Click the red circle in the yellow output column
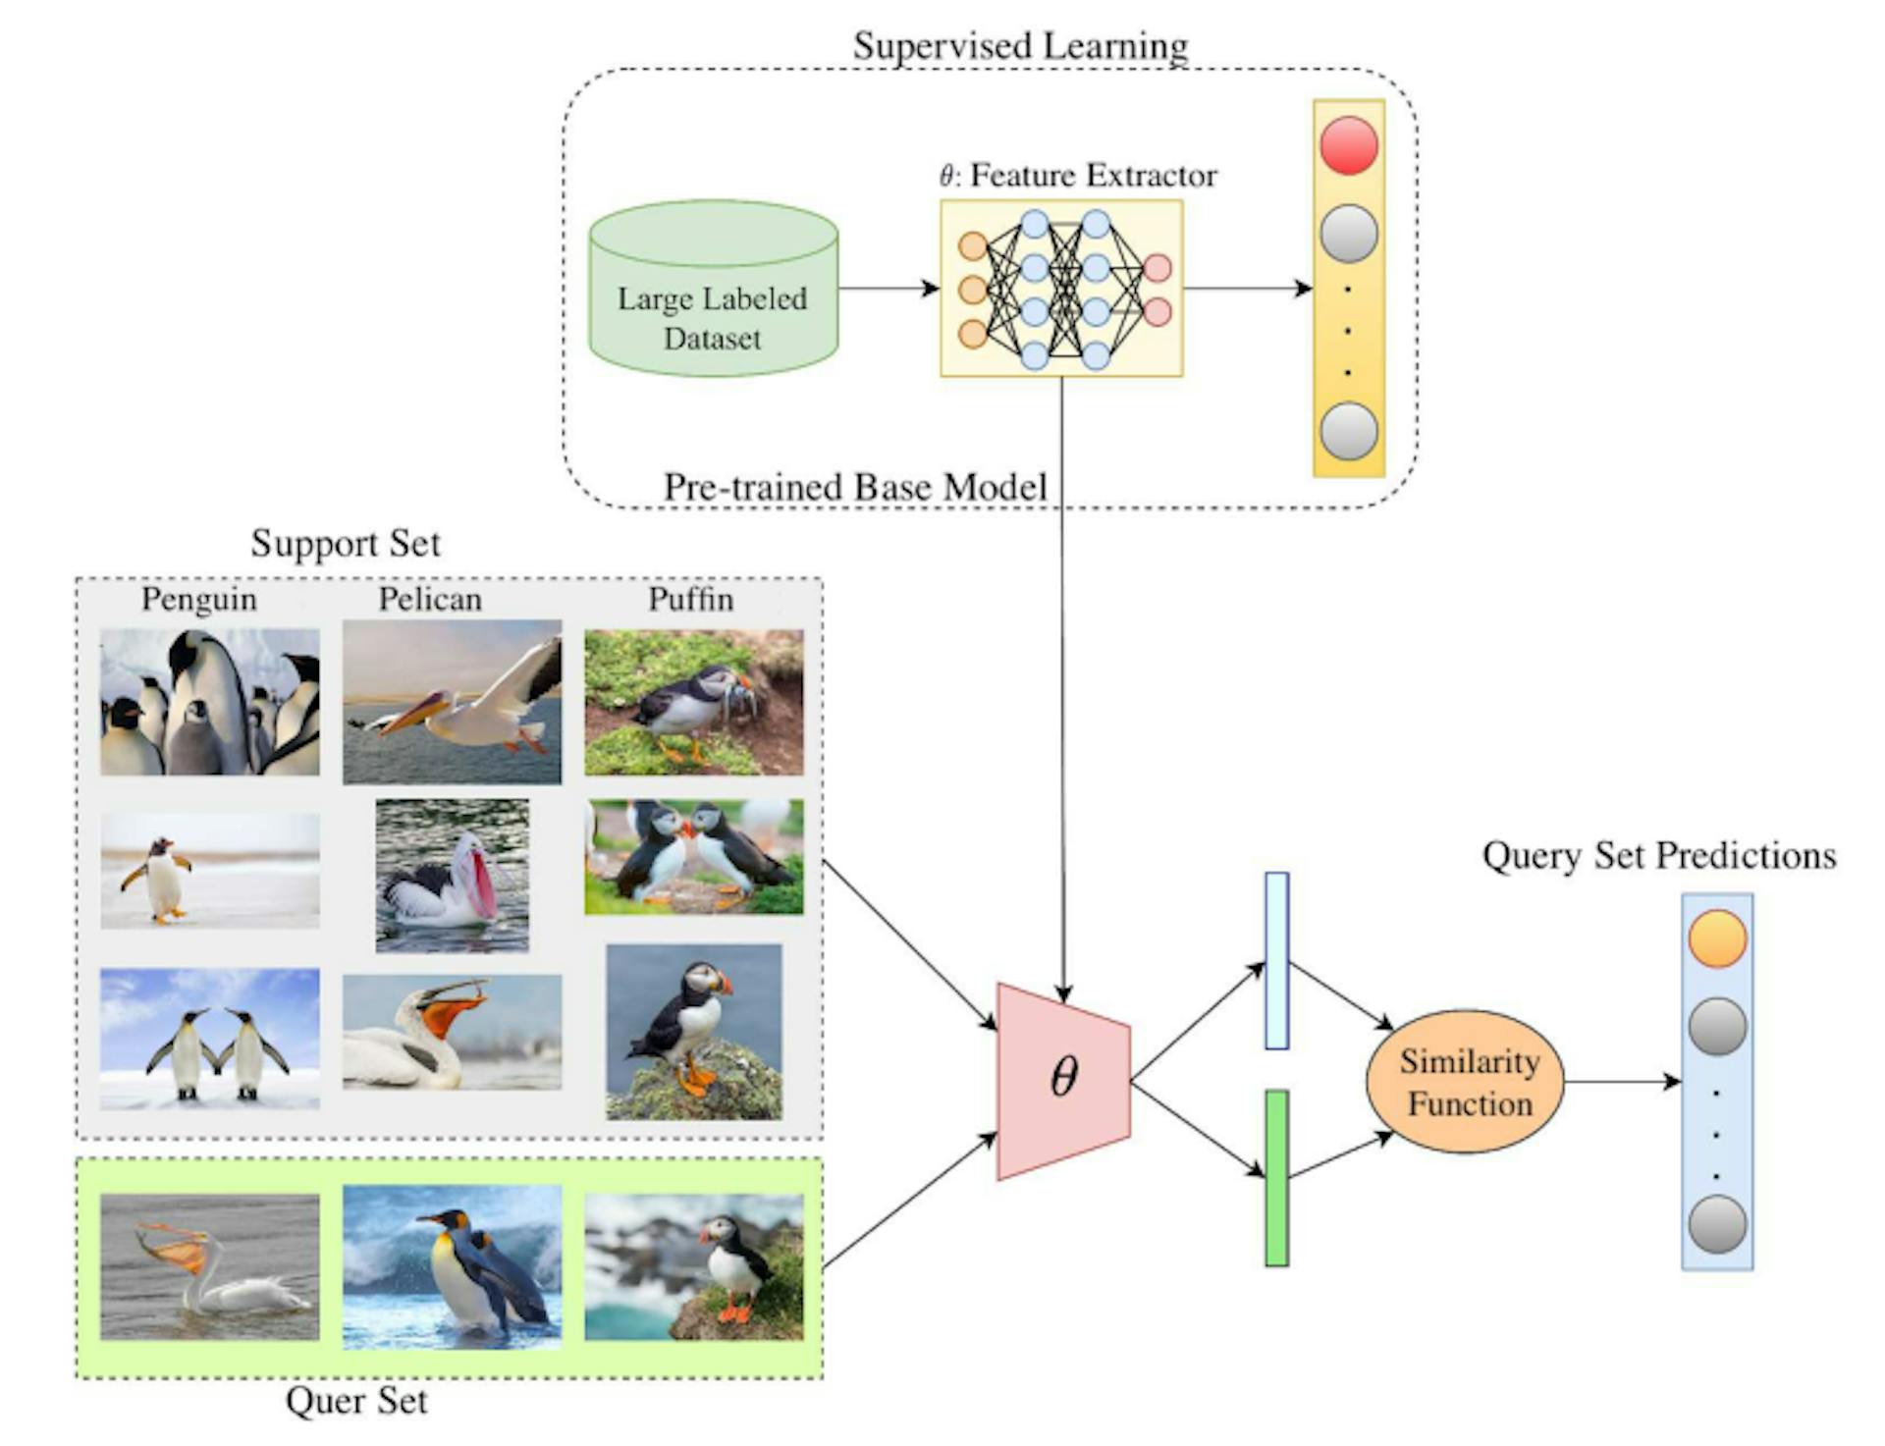(1348, 145)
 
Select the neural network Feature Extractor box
(1061, 289)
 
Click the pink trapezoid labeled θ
(1063, 1080)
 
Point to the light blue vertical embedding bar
(1276, 961)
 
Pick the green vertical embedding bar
(1276, 1178)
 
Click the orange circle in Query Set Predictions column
(1717, 938)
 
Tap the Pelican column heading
(430, 599)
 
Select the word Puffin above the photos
(690, 599)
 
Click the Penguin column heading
(198, 599)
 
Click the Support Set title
(346, 543)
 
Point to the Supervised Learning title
(1020, 45)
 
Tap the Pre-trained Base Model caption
(855, 487)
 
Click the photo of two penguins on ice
(209, 1039)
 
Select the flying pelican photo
(452, 702)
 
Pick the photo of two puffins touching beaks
(693, 856)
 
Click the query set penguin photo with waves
(452, 1266)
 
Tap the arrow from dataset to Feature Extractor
(888, 289)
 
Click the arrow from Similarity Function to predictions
(1621, 1082)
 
